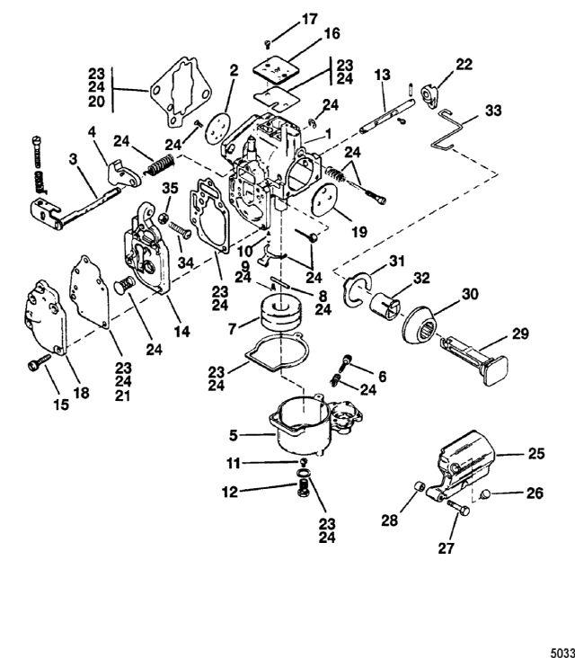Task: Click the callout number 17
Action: tap(309, 20)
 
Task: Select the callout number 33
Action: tap(493, 111)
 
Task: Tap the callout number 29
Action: tap(520, 334)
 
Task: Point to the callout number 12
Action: tap(230, 492)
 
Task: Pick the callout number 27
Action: tap(446, 548)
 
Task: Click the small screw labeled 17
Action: tap(267, 42)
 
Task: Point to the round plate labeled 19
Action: tap(331, 203)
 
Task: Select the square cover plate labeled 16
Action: tap(277, 69)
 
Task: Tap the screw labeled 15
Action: tap(38, 362)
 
